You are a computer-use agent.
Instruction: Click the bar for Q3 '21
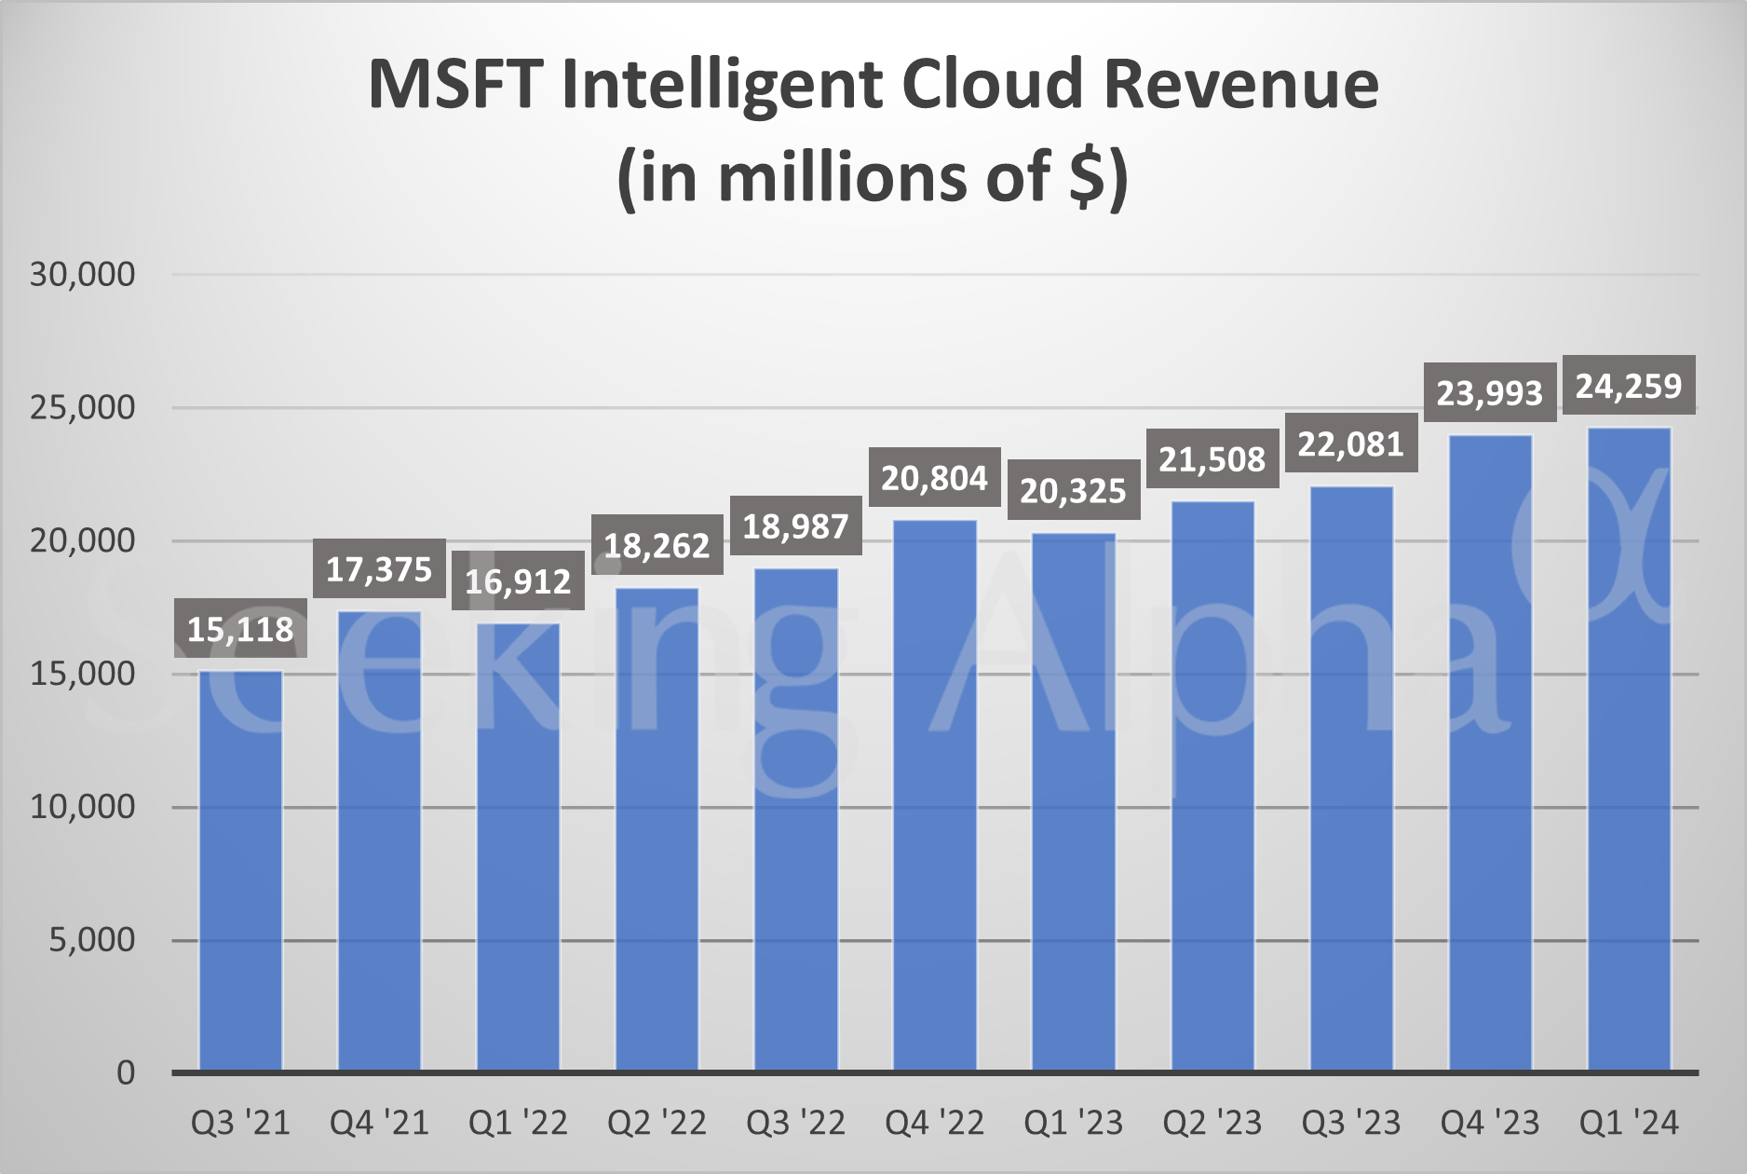(240, 871)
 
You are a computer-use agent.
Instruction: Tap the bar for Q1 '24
(1629, 749)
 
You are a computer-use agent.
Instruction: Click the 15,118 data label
(240, 630)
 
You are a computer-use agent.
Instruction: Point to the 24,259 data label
(1629, 386)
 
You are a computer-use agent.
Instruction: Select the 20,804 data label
(934, 478)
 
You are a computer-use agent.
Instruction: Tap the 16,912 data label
(518, 581)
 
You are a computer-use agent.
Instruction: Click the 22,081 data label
(1350, 444)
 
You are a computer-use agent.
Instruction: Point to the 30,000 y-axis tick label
(83, 275)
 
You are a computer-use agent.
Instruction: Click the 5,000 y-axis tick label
(92, 940)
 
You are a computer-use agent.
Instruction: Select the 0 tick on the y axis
(126, 1073)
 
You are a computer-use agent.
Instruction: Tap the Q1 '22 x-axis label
(518, 1124)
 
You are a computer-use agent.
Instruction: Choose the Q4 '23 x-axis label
(1490, 1124)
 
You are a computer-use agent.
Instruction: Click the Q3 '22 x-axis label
(795, 1124)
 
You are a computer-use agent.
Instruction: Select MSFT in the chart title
(455, 84)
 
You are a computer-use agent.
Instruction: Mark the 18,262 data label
(657, 545)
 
